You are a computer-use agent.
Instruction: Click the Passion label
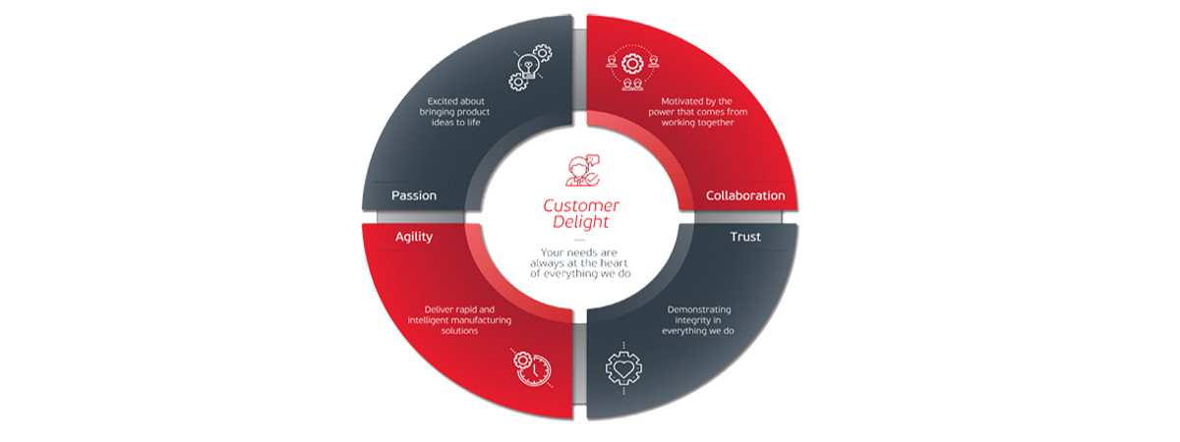[x=414, y=195]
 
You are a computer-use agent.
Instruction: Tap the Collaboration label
[x=745, y=195]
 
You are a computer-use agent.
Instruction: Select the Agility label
[x=414, y=238]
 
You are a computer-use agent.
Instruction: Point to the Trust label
[x=745, y=237]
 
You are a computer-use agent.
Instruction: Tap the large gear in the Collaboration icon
[x=632, y=64]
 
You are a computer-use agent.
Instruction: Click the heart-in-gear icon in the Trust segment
[x=623, y=368]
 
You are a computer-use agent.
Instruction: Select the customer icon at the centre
[x=581, y=171]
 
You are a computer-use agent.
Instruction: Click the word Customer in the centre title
[x=581, y=205]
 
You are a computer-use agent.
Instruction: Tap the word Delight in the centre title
[x=580, y=222]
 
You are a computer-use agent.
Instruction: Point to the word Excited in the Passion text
[x=441, y=101]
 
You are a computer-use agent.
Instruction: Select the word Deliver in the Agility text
[x=438, y=309]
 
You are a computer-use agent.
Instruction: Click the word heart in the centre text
[x=614, y=263]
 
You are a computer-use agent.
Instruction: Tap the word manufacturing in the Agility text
[x=484, y=320]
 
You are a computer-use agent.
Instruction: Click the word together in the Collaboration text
[x=716, y=123]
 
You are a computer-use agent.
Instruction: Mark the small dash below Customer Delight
[x=579, y=240]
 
